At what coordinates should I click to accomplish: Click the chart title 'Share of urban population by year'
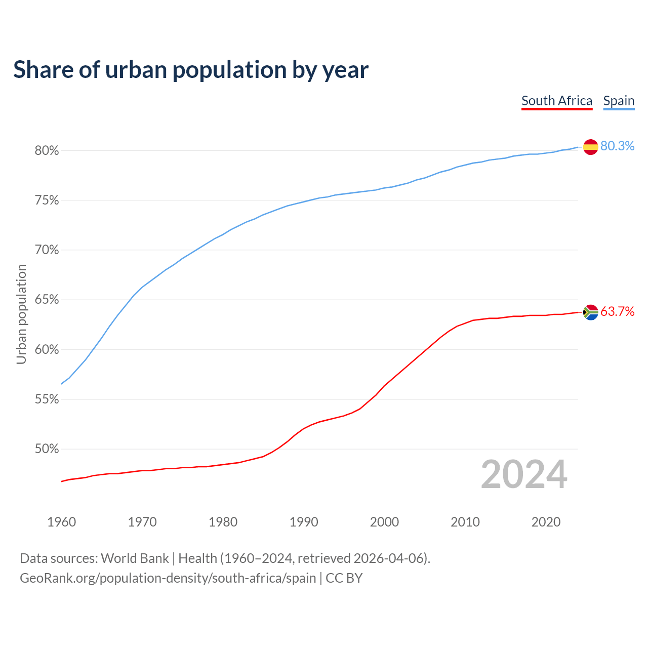pos(191,70)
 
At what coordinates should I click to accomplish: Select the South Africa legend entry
pos(556,101)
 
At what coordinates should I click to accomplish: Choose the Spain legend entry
pos(619,101)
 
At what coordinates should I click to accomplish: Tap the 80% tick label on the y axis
pos(47,151)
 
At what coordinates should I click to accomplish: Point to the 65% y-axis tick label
pos(47,300)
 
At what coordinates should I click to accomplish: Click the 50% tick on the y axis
pos(47,449)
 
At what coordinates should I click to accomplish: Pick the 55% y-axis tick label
pos(47,399)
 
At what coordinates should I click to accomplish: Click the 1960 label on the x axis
pos(62,522)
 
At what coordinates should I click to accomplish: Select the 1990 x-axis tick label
pos(304,522)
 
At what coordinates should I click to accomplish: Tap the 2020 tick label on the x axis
pos(546,522)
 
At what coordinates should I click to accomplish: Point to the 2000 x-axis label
pos(384,522)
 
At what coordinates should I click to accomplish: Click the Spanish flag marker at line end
pos(590,147)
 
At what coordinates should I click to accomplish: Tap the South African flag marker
pos(590,312)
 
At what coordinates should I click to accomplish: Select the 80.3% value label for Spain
pos(617,146)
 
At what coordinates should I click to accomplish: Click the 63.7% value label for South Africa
pos(617,312)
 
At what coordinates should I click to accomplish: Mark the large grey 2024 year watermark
pos(524,475)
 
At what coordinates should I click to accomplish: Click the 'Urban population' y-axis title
pos(21,314)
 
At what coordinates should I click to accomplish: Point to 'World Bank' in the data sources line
pos(135,558)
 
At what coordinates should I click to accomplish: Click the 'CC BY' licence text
pos(344,578)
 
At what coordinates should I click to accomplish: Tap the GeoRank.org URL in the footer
pos(168,578)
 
